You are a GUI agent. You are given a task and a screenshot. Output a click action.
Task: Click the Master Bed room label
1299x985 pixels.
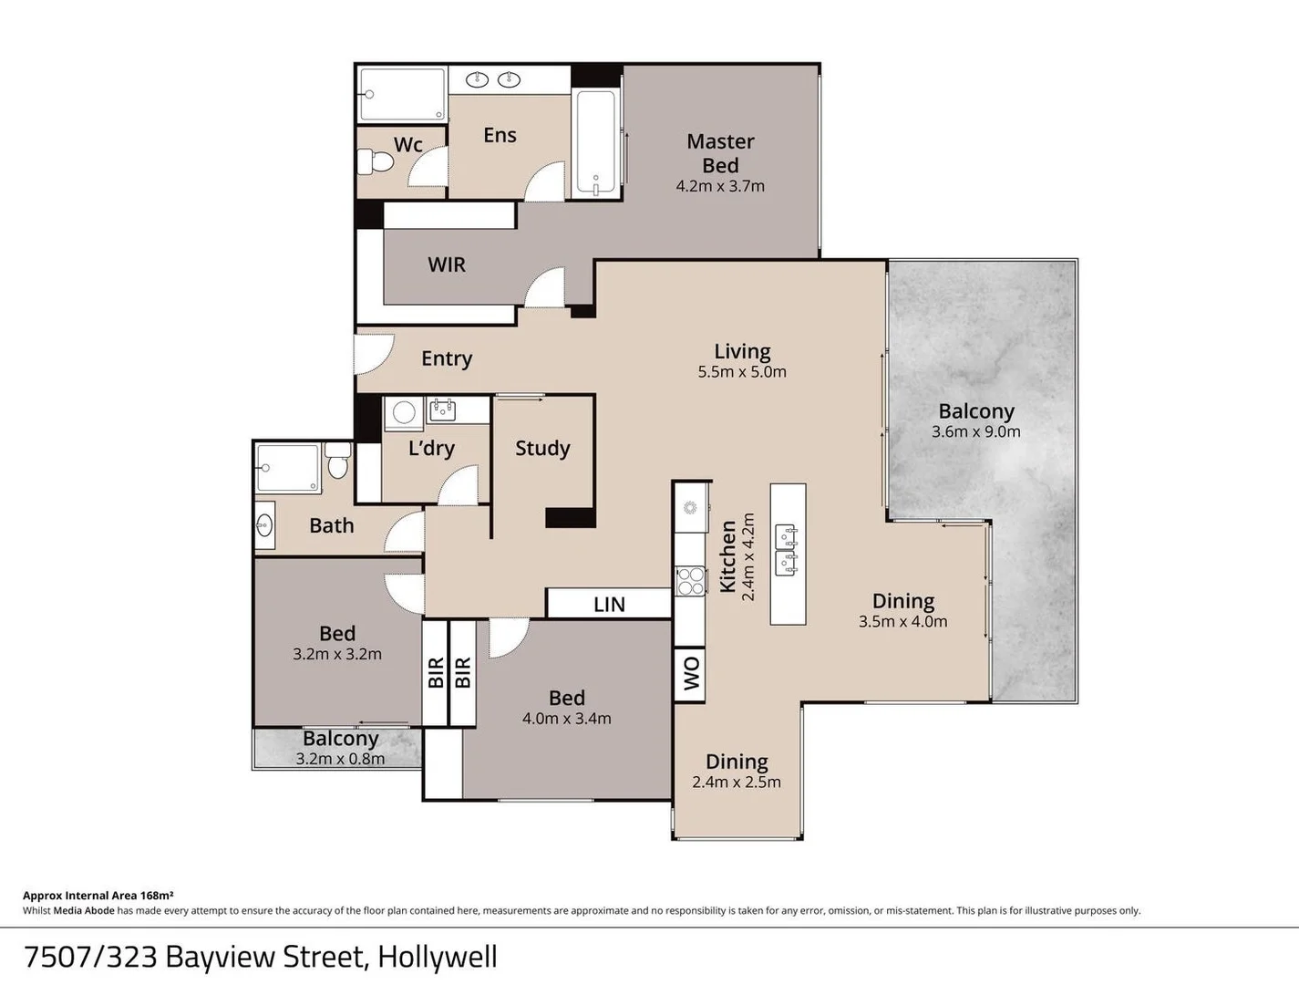pos(720,153)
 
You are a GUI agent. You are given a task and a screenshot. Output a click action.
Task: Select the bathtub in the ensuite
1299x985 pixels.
pos(596,142)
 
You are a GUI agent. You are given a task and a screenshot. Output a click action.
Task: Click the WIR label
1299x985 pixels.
pos(447,264)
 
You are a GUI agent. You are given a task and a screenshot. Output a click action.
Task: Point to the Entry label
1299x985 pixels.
pos(447,358)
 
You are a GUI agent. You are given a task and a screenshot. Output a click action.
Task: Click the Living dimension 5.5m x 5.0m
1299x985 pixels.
pos(742,372)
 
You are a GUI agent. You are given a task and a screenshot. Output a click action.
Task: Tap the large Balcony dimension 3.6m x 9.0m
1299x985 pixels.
pos(975,432)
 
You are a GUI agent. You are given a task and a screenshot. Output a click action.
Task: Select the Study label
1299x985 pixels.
pos(542,448)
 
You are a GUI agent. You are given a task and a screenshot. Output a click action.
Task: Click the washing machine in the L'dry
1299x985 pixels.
pos(403,412)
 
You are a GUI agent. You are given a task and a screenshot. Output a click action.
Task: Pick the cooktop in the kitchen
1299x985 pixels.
pos(691,581)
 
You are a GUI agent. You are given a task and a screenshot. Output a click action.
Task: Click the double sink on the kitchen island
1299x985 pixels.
pos(787,551)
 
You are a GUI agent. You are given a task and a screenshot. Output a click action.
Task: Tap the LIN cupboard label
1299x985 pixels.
pos(609,605)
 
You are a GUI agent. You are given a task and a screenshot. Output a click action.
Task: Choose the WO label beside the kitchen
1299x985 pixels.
pos(691,674)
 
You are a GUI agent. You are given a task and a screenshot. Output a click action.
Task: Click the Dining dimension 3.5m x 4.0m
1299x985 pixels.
pos(902,622)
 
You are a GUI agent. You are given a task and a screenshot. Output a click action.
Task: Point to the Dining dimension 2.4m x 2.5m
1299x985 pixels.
pos(737,783)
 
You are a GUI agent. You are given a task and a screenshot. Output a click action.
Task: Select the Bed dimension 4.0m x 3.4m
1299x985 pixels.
pos(566,719)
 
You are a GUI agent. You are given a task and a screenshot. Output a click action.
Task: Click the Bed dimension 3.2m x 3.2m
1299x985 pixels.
pos(337,654)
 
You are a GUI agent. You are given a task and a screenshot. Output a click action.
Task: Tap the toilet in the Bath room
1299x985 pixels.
pos(338,465)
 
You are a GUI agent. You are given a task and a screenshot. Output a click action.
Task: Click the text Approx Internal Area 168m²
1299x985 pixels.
pos(98,896)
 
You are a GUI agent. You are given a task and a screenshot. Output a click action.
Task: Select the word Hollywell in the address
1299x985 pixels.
pos(438,957)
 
